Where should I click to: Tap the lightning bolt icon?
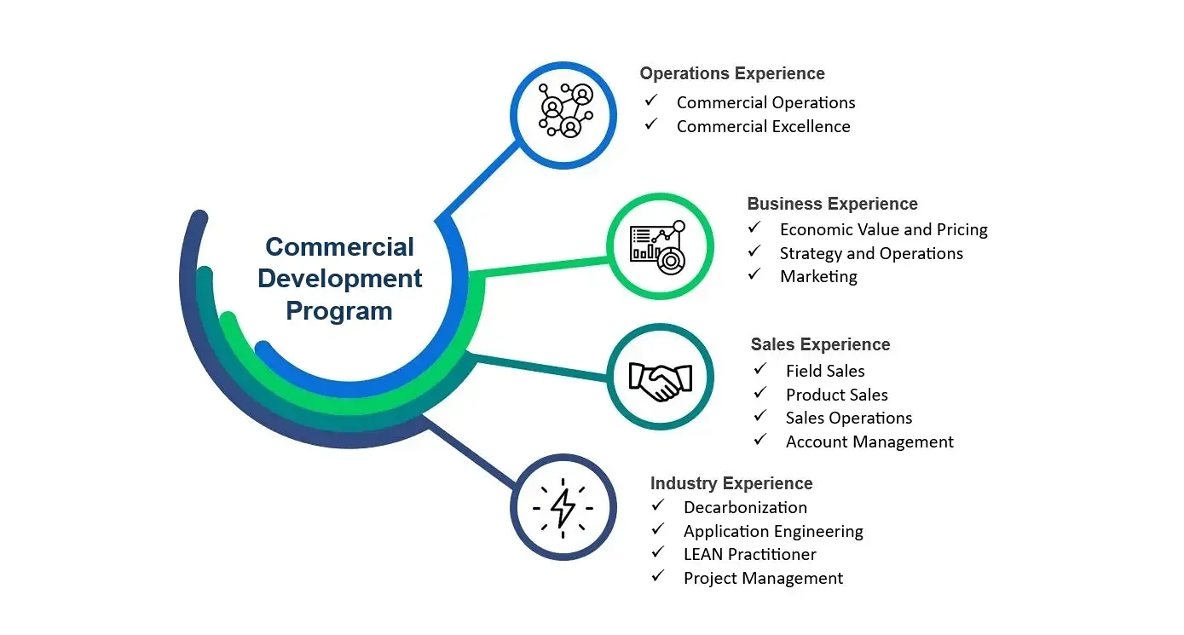point(563,507)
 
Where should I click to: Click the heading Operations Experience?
point(732,73)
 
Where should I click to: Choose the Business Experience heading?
point(832,204)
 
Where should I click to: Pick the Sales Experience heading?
point(820,344)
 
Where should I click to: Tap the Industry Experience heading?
point(731,483)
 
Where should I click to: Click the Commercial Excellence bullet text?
point(763,126)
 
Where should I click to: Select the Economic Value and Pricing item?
point(883,229)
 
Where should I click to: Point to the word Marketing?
point(818,276)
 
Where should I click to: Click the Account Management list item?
point(869,442)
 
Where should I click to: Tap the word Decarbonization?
point(745,507)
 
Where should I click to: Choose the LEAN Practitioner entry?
point(750,554)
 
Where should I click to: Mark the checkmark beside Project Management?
point(658,576)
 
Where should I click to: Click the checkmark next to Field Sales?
point(760,369)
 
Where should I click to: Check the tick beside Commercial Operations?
point(651,101)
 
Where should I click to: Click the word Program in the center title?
point(339,310)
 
